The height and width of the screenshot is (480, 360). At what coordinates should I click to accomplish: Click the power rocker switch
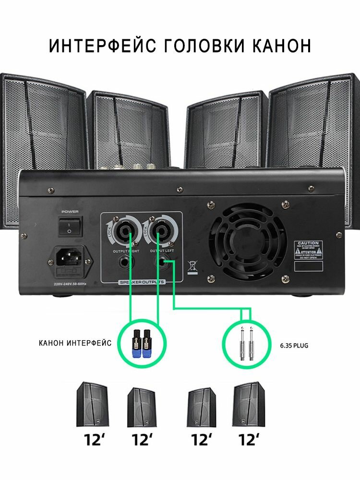[70, 226]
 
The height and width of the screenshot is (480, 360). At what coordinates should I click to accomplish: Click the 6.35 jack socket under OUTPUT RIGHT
[125, 263]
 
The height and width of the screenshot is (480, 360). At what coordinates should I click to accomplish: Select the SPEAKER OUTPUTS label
[142, 282]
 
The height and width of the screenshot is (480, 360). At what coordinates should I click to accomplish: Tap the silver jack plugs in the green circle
[246, 343]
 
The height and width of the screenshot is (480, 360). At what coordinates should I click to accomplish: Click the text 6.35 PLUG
[294, 344]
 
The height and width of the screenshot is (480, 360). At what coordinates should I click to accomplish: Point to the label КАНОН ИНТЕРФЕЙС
[75, 343]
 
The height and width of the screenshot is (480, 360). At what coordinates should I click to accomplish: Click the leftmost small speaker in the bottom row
[92, 404]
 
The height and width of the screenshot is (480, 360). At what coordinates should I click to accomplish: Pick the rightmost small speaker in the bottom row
[248, 404]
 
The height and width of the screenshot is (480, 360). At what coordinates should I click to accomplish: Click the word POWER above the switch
[70, 210]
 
